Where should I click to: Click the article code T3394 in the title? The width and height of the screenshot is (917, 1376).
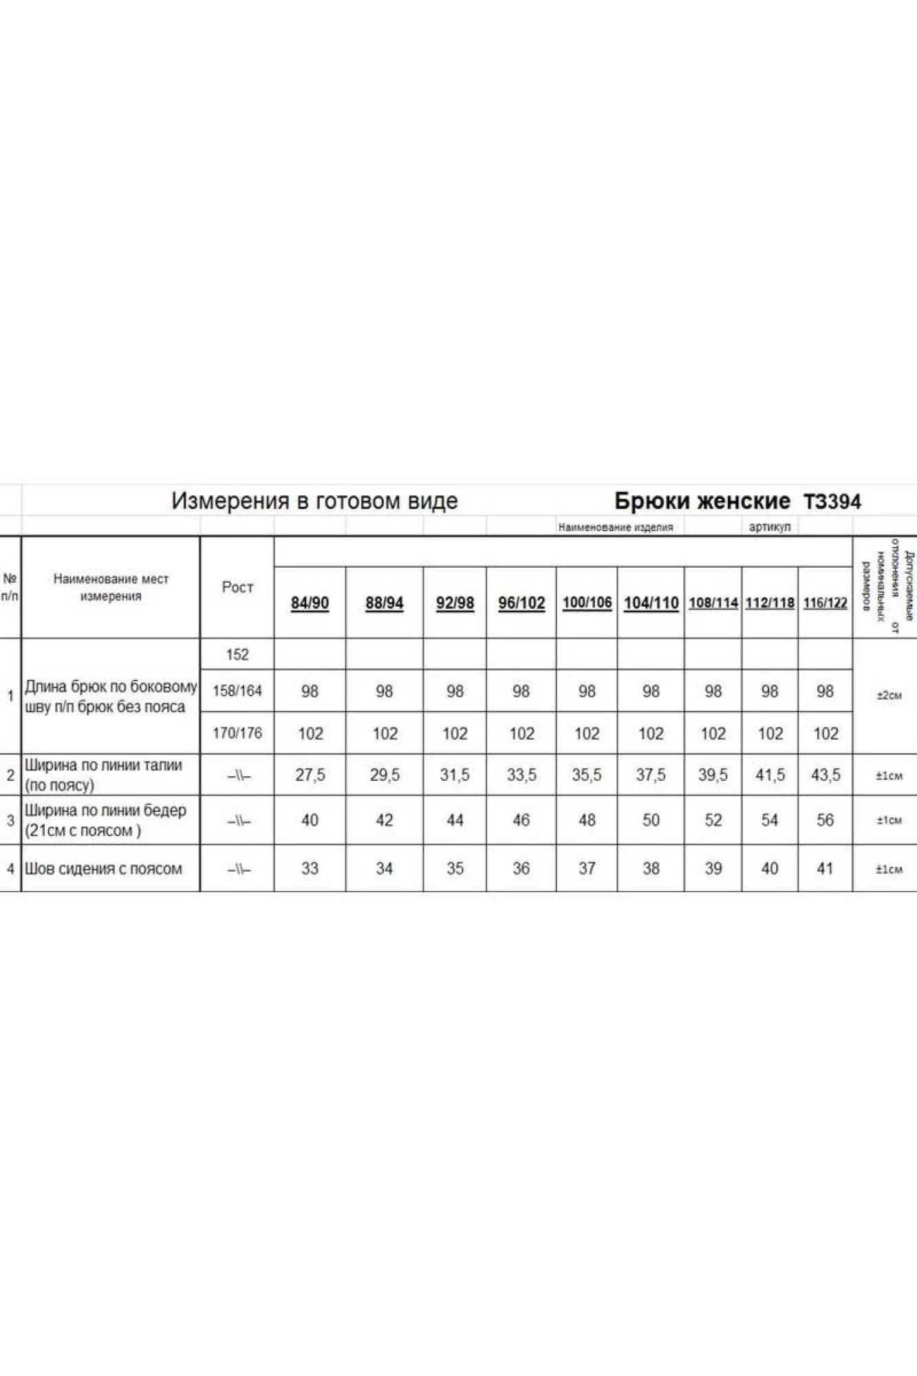click(832, 502)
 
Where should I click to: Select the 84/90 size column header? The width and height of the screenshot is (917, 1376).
click(310, 603)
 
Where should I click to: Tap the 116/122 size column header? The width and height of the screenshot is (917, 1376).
click(825, 603)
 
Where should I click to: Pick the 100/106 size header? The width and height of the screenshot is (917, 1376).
click(587, 603)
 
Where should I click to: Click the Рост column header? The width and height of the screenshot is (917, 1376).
click(237, 587)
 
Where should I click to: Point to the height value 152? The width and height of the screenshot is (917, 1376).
click(237, 654)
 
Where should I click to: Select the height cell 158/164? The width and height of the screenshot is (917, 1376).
click(237, 691)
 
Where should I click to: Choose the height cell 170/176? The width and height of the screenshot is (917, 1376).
click(237, 733)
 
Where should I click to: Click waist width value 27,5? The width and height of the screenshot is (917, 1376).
click(310, 775)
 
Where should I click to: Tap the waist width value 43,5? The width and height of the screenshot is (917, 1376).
click(825, 775)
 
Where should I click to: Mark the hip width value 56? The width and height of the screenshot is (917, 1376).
click(825, 820)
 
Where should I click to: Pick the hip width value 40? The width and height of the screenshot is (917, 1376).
click(310, 820)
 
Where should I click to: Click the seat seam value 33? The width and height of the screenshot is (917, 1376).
click(310, 868)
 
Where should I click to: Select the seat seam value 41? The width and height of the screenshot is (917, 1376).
click(825, 868)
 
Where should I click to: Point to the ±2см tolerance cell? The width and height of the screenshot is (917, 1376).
click(889, 696)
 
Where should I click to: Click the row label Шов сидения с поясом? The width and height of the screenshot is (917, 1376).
click(103, 869)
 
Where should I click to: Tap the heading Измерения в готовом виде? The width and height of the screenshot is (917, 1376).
click(314, 501)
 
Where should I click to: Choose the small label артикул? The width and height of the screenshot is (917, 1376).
click(769, 527)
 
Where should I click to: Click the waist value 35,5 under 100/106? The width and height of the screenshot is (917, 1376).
click(587, 775)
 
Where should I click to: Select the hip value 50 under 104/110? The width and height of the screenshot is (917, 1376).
click(651, 820)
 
